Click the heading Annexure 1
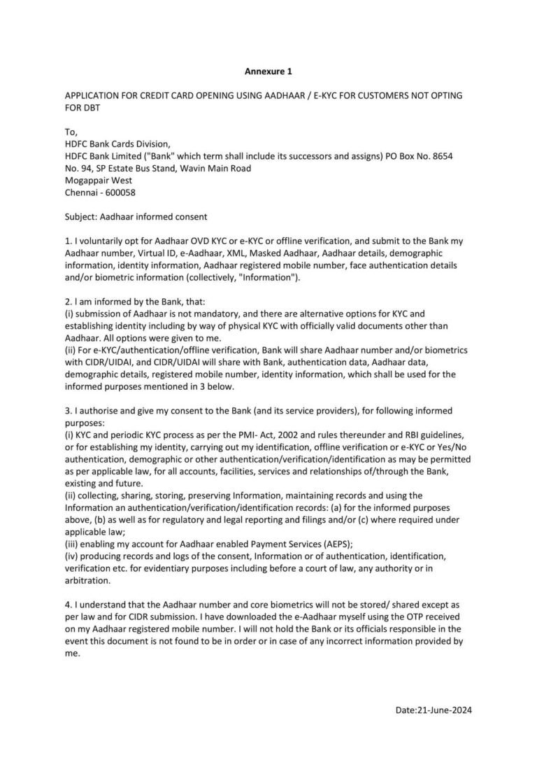point(268,71)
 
